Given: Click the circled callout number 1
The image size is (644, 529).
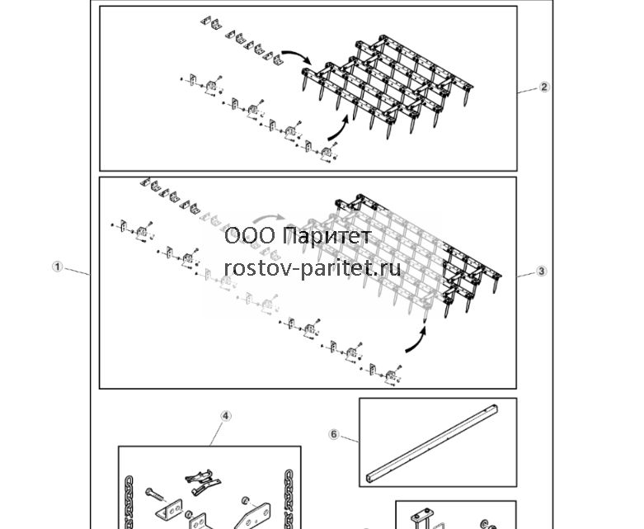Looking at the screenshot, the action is click(58, 267).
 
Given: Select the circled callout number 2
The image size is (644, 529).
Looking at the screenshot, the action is click(544, 87).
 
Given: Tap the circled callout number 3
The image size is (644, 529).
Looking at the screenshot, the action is click(541, 271).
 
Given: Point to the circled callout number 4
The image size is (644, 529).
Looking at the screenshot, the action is click(225, 416).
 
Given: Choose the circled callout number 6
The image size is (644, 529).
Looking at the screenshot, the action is click(334, 434).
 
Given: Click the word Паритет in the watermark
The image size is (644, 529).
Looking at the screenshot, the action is click(327, 236).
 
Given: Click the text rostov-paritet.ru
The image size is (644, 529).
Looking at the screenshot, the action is click(313, 268).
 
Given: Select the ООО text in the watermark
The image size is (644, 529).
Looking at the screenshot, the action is click(250, 236).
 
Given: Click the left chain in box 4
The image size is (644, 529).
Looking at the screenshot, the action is click(129, 503).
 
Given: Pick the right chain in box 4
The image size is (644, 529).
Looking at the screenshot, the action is click(289, 499).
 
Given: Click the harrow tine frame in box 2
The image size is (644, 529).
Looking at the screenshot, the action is click(387, 87).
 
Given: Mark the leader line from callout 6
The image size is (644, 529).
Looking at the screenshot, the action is click(349, 438).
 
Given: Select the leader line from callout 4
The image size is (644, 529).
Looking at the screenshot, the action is click(217, 433).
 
